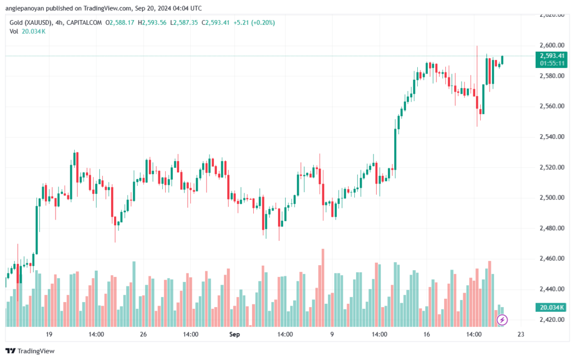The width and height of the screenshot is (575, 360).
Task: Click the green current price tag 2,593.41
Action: click(x=552, y=56)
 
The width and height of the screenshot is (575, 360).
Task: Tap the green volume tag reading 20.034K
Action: click(x=552, y=307)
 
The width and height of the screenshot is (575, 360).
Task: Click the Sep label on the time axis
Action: click(x=235, y=335)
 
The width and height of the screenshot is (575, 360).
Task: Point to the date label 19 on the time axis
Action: click(x=49, y=335)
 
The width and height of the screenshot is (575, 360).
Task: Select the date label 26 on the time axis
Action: click(x=143, y=335)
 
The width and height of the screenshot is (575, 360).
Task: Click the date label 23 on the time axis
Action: click(x=521, y=335)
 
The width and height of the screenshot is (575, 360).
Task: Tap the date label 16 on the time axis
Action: click(x=427, y=335)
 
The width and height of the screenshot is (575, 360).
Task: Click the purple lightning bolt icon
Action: click(x=503, y=320)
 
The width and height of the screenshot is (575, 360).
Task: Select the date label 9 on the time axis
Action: click(x=332, y=335)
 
